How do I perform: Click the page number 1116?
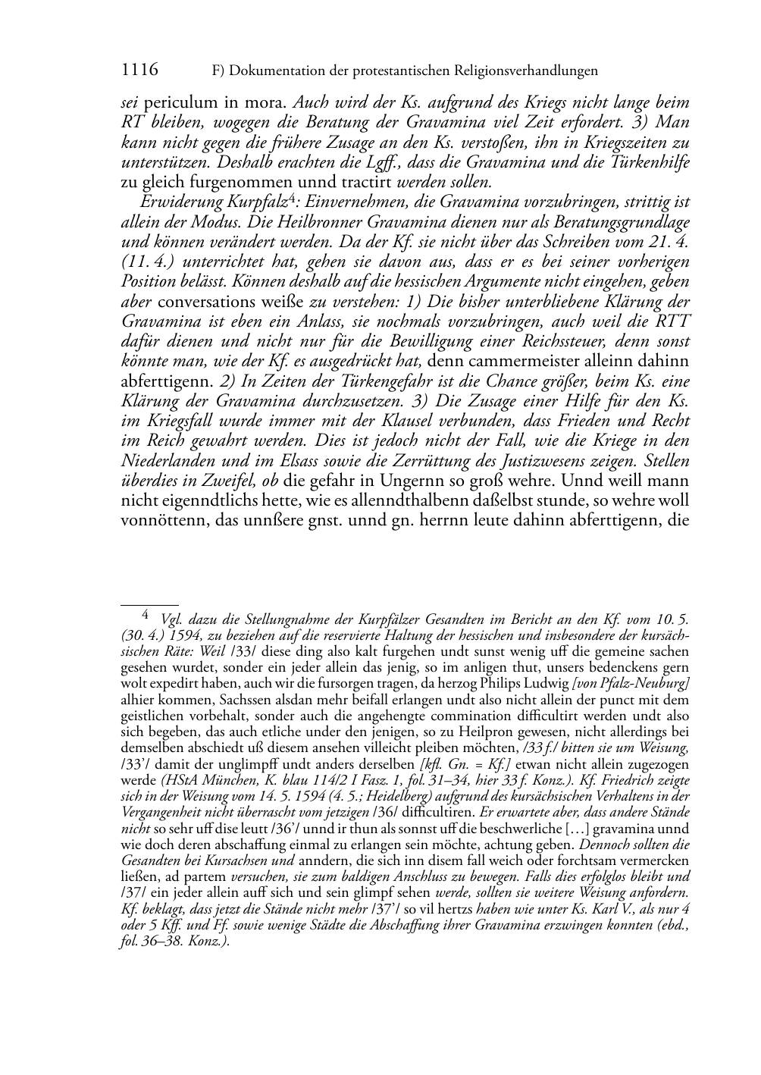pyautogui.click(x=139, y=71)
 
